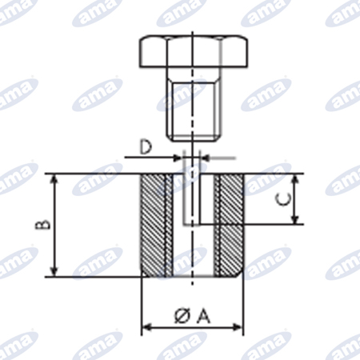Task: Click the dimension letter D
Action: pyautogui.click(x=146, y=147)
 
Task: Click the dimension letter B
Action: pyautogui.click(x=42, y=225)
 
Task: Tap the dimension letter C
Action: pyautogui.click(x=283, y=199)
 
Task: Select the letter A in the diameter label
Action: pyautogui.click(x=203, y=316)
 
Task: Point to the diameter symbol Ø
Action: pyautogui.click(x=183, y=316)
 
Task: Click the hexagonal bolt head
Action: pyautogui.click(x=194, y=51)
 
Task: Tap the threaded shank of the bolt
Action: pyautogui.click(x=194, y=104)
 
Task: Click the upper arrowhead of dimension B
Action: pyautogui.click(x=54, y=179)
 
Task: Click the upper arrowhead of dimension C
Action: pyautogui.click(x=294, y=179)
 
